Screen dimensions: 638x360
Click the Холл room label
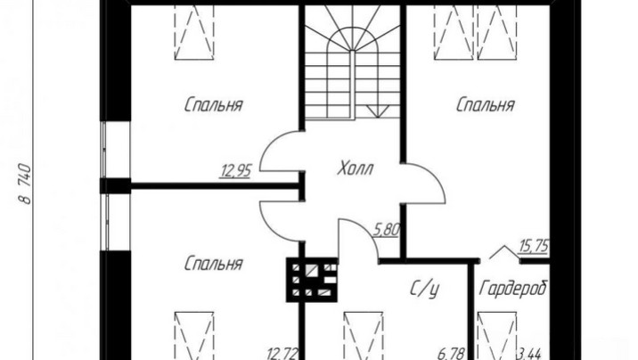pyautogui.click(x=356, y=168)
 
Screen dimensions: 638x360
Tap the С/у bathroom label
pyautogui.click(x=424, y=289)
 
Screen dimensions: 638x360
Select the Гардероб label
pyautogui.click(x=513, y=289)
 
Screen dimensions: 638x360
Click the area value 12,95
pyautogui.click(x=236, y=170)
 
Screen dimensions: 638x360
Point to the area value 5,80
pyautogui.click(x=386, y=230)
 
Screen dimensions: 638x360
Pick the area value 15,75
pyautogui.click(x=534, y=246)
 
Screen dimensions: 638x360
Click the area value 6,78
pyautogui.click(x=450, y=354)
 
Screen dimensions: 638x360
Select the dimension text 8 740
pyautogui.click(x=25, y=184)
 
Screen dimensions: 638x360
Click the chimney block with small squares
pyautogui.click(x=312, y=280)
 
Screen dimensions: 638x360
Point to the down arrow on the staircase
pyautogui.click(x=378, y=111)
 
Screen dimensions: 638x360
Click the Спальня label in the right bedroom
pyautogui.click(x=485, y=105)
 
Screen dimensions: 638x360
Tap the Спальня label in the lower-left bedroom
pyautogui.click(x=213, y=264)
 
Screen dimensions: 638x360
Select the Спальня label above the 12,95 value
pyautogui.click(x=213, y=104)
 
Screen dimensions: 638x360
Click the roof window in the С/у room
pyautogui.click(x=364, y=336)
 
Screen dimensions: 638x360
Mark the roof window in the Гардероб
pyautogui.click(x=497, y=336)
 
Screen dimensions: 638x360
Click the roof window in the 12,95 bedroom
pyautogui.click(x=194, y=32)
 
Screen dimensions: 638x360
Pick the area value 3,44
pyautogui.click(x=528, y=354)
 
